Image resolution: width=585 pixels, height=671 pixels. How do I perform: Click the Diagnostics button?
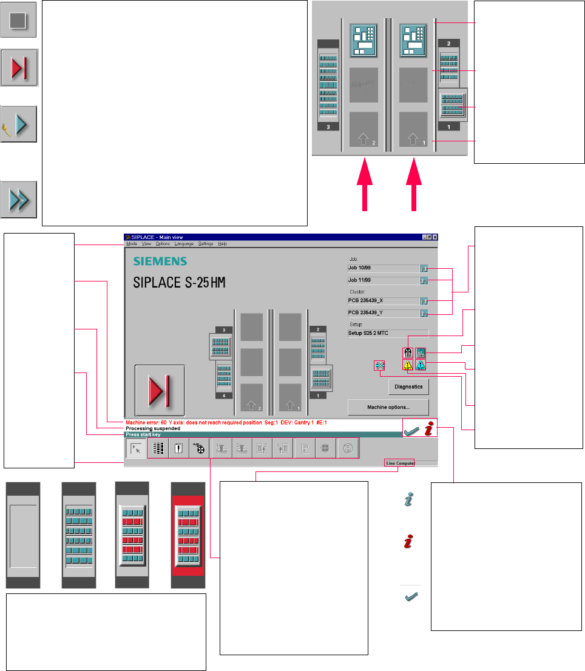(409, 386)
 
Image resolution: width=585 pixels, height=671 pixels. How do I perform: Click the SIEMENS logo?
(160, 261)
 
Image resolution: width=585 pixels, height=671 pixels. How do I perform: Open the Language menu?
(183, 244)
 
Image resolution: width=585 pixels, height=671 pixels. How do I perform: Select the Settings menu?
(206, 244)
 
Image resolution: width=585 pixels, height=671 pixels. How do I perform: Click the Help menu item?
(223, 244)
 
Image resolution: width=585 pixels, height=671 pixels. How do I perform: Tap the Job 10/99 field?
(382, 268)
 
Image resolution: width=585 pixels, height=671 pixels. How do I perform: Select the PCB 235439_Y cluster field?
(382, 313)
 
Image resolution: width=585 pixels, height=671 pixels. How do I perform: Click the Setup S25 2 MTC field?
(388, 333)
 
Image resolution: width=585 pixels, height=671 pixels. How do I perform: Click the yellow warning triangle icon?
(408, 365)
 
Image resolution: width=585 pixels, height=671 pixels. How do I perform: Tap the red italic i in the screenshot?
(429, 430)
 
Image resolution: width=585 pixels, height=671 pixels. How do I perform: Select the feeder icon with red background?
(188, 535)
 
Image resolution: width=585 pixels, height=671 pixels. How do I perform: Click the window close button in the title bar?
(435, 237)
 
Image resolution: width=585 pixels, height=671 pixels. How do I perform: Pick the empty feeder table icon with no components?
(23, 535)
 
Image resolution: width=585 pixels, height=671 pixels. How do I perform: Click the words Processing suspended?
(153, 428)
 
